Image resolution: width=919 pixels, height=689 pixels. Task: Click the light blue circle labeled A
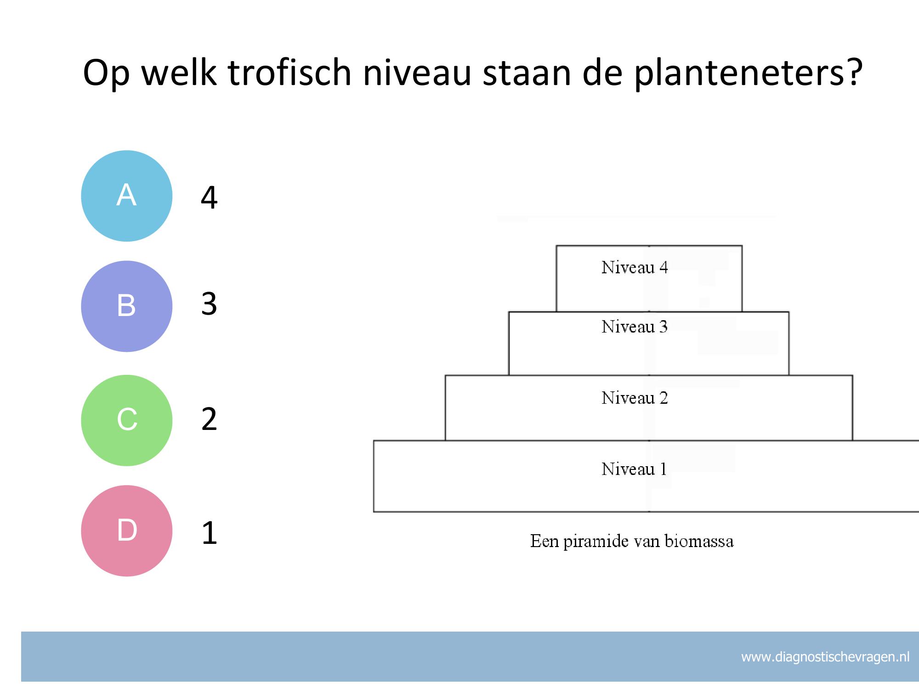coord(127,196)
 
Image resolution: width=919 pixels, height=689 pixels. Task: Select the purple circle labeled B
coord(127,306)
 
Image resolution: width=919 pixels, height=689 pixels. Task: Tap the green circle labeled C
coord(127,420)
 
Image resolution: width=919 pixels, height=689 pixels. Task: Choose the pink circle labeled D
coord(127,531)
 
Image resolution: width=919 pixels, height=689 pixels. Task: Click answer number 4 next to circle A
coord(209,198)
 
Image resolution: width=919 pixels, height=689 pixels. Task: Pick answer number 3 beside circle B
coord(209,304)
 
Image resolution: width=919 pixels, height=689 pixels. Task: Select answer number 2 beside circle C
coord(209,419)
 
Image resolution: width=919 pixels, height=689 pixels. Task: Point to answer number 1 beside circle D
coord(210,533)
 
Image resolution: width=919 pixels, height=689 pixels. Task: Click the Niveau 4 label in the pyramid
coord(635,267)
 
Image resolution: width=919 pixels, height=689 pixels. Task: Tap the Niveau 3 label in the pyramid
coord(635,327)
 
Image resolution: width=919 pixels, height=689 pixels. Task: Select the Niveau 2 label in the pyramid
coord(635,398)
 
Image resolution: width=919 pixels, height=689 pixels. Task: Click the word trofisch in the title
coord(289,72)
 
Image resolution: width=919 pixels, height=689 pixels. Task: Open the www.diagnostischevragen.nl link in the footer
coord(825,657)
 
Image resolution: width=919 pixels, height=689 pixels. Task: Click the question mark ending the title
coord(854,72)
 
